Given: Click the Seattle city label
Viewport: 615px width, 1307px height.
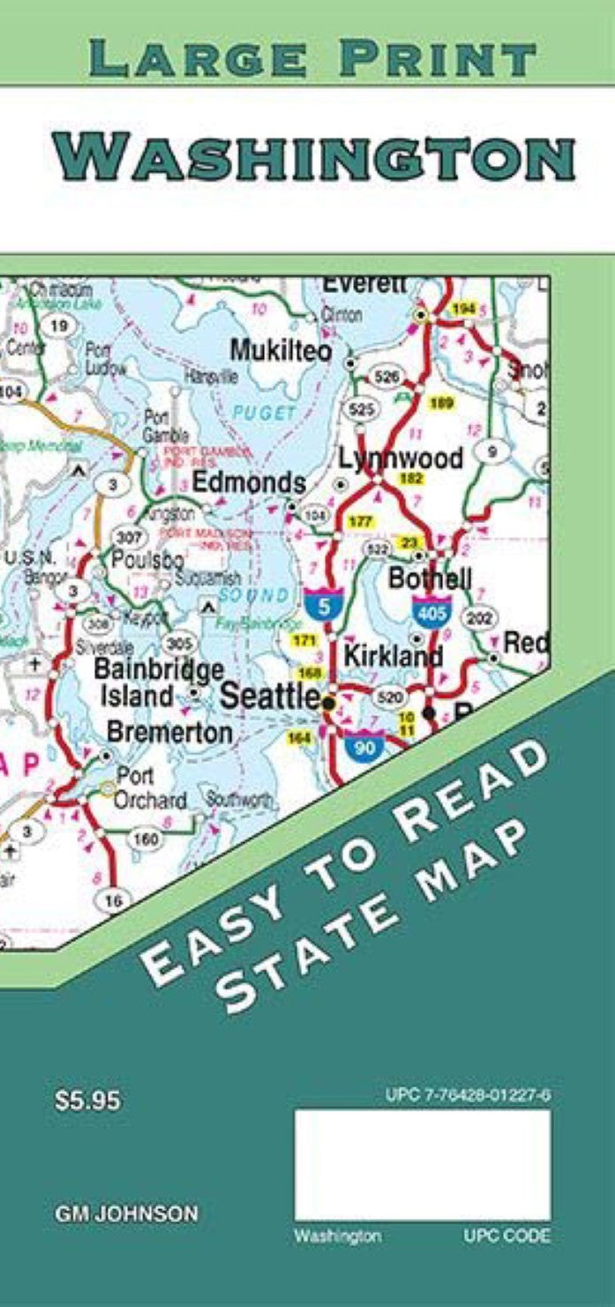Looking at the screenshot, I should (x=269, y=696).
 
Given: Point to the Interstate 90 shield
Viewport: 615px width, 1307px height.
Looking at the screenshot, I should (x=362, y=745).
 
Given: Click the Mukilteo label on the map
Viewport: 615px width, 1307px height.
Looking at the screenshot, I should (x=281, y=350).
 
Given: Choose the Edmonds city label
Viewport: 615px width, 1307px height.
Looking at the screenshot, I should (x=249, y=482).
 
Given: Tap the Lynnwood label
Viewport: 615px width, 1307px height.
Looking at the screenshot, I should (x=401, y=459).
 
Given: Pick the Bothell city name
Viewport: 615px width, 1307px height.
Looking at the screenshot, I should (x=431, y=579).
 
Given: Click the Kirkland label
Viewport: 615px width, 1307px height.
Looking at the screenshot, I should (x=393, y=656).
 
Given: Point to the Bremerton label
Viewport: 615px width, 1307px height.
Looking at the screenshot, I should (x=169, y=732).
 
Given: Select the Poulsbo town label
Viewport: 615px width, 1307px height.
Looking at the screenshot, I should (x=146, y=559).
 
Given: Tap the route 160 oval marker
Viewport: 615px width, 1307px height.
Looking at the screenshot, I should (x=145, y=839).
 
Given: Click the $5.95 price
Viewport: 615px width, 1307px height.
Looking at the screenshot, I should (x=87, y=1101).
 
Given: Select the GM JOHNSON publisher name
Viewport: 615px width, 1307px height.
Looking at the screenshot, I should (x=126, y=1214).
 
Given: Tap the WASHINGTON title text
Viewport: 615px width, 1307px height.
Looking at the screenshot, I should (x=313, y=158).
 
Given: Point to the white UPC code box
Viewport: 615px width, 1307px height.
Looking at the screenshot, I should (x=422, y=1164).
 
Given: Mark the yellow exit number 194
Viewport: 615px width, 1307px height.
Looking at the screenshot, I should (x=463, y=309).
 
